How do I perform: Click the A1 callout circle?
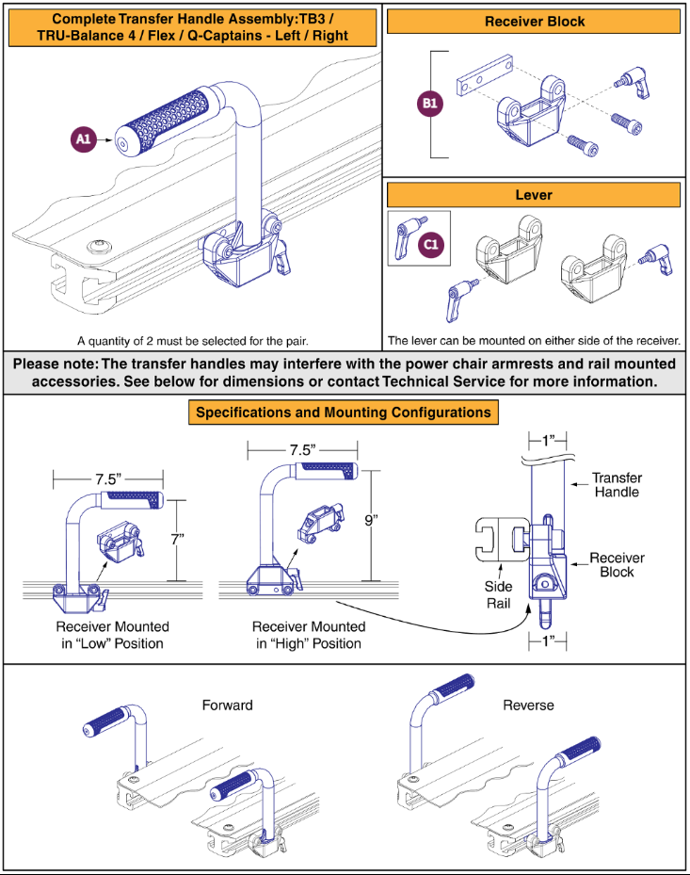(x=83, y=139)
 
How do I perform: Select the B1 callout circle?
(x=431, y=104)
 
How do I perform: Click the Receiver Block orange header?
(x=534, y=21)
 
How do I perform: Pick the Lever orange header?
(x=534, y=195)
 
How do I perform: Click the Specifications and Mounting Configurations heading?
(x=343, y=413)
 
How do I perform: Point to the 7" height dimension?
(x=177, y=539)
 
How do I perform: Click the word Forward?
(x=227, y=705)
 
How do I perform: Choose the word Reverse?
(x=529, y=705)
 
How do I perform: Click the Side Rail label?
(x=498, y=594)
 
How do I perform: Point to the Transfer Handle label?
(x=617, y=485)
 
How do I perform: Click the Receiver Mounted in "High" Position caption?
(x=306, y=635)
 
